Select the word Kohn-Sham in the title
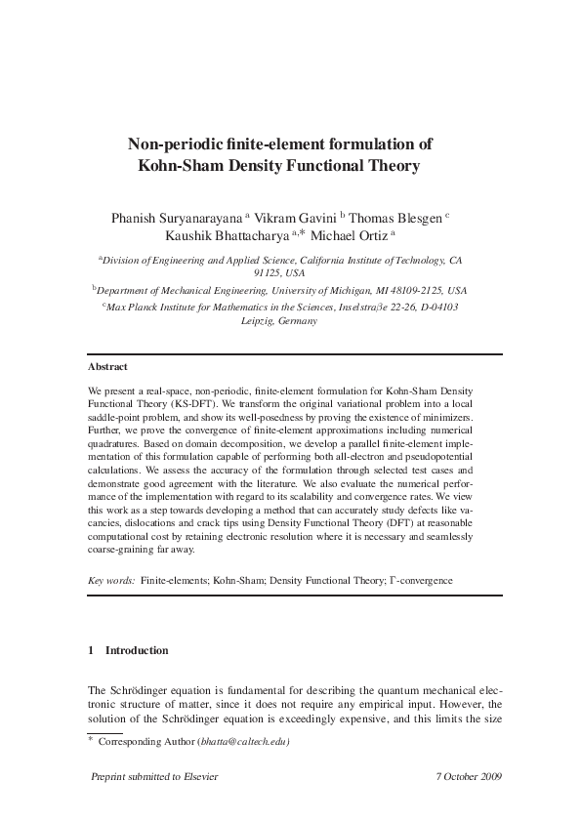pos(183,166)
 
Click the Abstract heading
pos(107,367)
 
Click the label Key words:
pos(111,580)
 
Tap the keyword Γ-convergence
pos(420,580)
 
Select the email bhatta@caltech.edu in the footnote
pos(245,742)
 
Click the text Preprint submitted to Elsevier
pos(153,776)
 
